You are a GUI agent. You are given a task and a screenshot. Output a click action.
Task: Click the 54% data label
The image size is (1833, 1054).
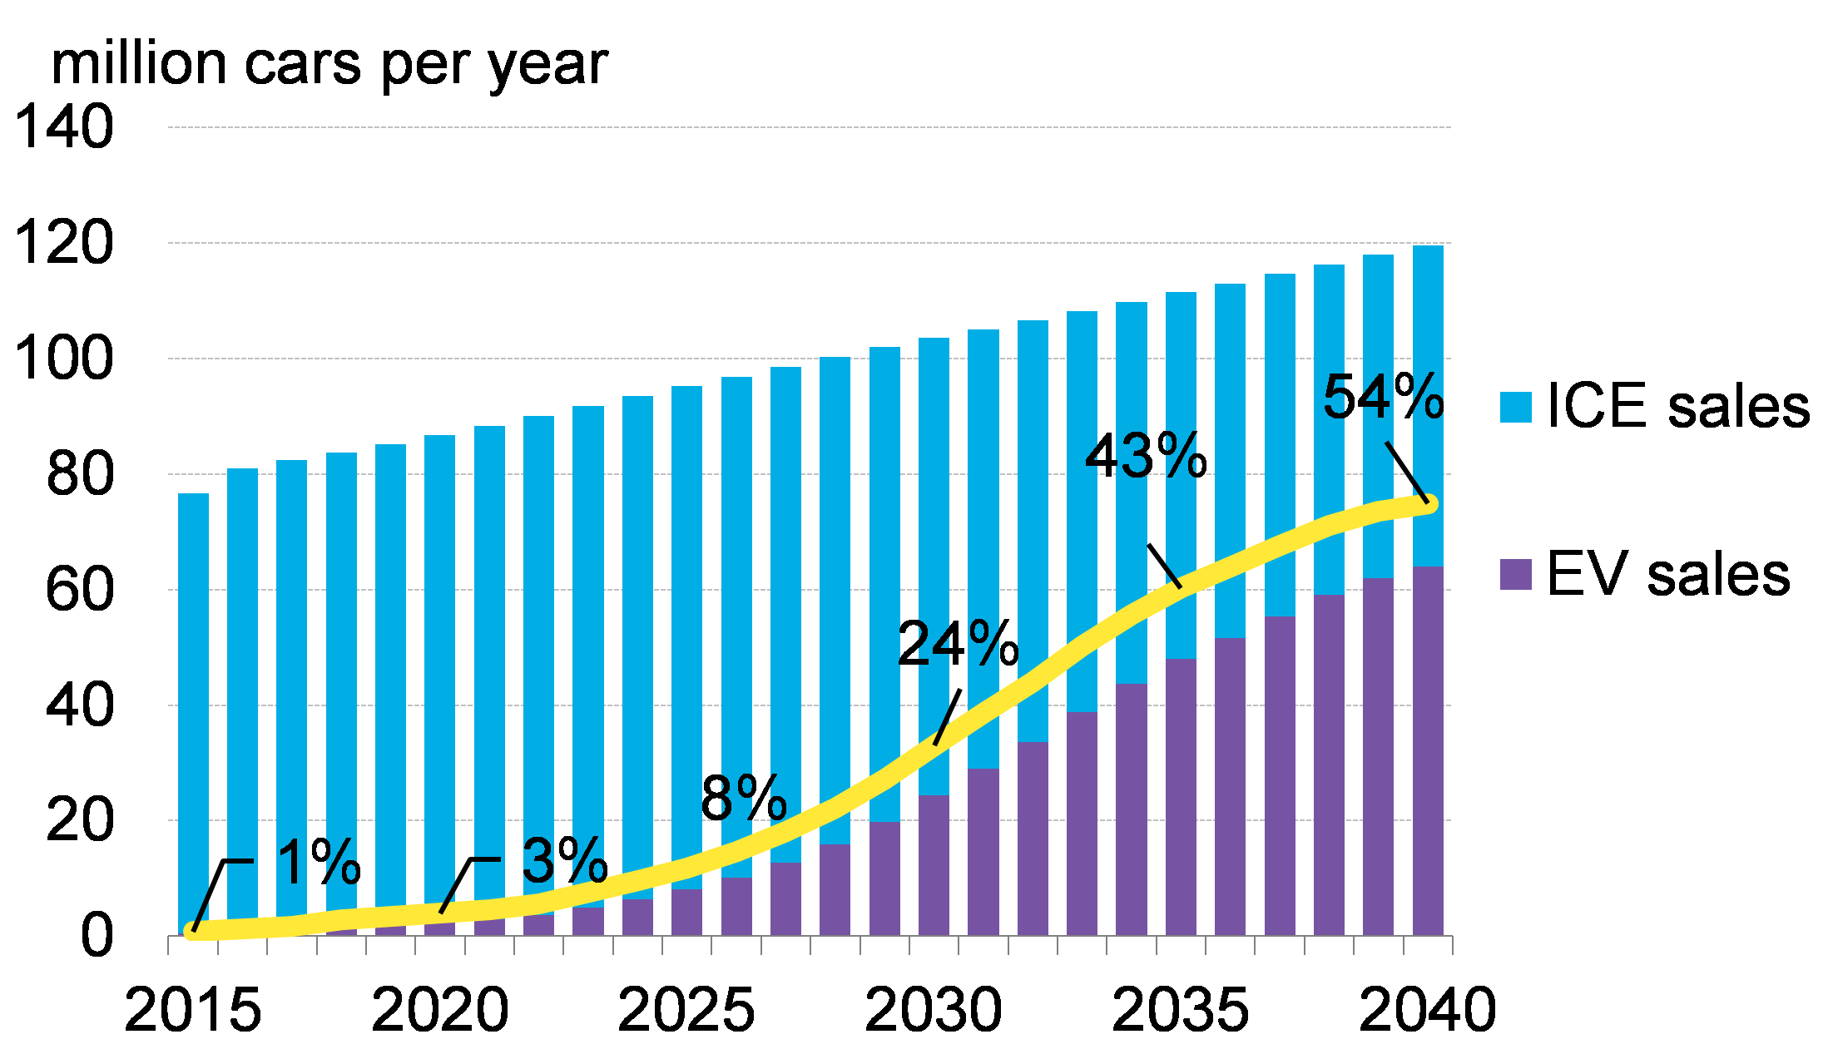pyautogui.click(x=1382, y=397)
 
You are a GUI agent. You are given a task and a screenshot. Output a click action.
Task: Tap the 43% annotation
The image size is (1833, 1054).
pyautogui.click(x=1146, y=456)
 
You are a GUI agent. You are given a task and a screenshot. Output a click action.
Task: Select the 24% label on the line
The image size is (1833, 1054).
pyautogui.click(x=958, y=643)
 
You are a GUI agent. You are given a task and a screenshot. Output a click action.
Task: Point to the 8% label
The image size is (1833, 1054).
pyautogui.click(x=743, y=798)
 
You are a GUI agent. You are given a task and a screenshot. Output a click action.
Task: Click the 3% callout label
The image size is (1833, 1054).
pyautogui.click(x=564, y=860)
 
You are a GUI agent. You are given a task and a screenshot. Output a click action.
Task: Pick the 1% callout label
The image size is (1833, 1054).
pyautogui.click(x=318, y=862)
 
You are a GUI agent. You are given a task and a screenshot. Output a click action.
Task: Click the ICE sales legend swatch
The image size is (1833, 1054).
pyautogui.click(x=1515, y=407)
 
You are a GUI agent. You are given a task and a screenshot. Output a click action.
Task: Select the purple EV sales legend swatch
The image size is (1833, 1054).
pyautogui.click(x=1515, y=575)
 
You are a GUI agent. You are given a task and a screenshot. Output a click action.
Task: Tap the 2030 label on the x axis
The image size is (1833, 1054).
pyautogui.click(x=934, y=1010)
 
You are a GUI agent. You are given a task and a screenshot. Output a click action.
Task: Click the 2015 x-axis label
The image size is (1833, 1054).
pyautogui.click(x=193, y=1010)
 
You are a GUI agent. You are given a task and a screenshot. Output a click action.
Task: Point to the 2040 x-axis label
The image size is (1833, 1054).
pyautogui.click(x=1428, y=1010)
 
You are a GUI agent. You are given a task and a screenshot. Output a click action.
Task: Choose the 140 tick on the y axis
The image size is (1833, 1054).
pyautogui.click(x=64, y=127)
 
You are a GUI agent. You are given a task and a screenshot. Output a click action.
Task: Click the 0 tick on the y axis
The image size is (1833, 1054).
pyautogui.click(x=97, y=936)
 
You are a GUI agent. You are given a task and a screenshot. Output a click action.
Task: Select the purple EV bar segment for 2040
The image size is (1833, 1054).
pyautogui.click(x=1428, y=749)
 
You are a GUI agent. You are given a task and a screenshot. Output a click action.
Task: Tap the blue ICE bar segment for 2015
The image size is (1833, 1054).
pyautogui.click(x=193, y=707)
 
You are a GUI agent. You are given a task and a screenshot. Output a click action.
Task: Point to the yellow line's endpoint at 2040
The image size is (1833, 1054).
pyautogui.click(x=1428, y=504)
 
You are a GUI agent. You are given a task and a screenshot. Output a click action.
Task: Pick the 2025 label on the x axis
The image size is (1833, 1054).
pyautogui.click(x=686, y=1010)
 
